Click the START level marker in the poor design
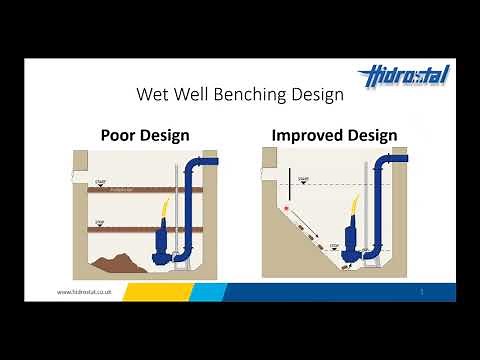coord(100,182)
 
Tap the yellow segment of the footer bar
coord(160,291)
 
